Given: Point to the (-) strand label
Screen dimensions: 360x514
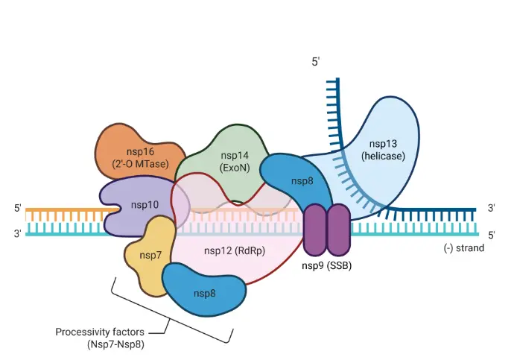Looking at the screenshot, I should [463, 247].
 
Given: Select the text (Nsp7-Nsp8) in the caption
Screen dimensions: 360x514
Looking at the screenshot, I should [113, 344].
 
